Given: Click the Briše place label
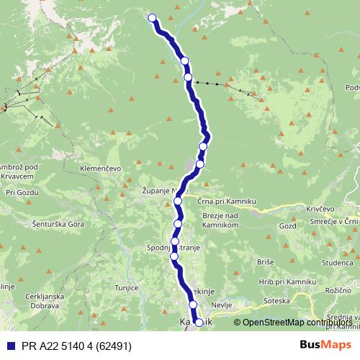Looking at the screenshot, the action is (264, 263).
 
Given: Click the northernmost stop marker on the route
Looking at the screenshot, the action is (152, 18).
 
